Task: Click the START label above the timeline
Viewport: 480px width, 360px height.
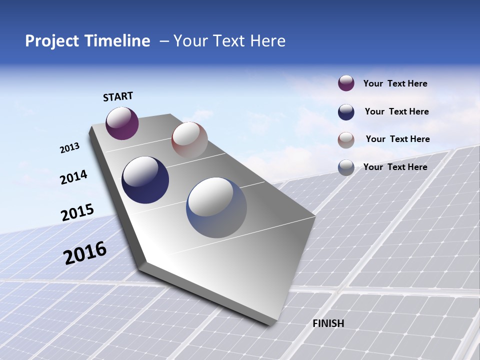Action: pyautogui.click(x=118, y=96)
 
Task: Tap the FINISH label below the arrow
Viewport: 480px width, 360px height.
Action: pyautogui.click(x=328, y=323)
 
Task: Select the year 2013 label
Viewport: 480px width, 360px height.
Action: pyautogui.click(x=69, y=148)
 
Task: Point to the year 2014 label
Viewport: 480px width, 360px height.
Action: pyautogui.click(x=73, y=177)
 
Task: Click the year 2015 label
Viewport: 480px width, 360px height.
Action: pyautogui.click(x=77, y=212)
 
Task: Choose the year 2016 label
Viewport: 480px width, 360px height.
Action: pyautogui.click(x=85, y=252)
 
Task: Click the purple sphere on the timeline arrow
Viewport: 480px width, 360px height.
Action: pyautogui.click(x=122, y=123)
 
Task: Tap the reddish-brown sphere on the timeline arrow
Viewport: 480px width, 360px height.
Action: pyautogui.click(x=189, y=139)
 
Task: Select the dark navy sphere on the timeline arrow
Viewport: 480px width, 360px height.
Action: pyautogui.click(x=145, y=180)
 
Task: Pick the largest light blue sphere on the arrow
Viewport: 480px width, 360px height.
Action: pyautogui.click(x=216, y=207)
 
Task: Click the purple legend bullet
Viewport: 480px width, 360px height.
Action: pyautogui.click(x=346, y=83)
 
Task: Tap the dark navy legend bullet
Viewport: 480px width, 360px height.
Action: pyautogui.click(x=346, y=112)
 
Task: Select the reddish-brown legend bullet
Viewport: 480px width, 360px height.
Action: pyautogui.click(x=346, y=139)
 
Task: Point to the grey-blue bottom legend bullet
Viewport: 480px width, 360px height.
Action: pyautogui.click(x=346, y=167)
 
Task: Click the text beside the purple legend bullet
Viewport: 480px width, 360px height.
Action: pyautogui.click(x=395, y=84)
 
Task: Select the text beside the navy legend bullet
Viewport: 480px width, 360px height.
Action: pyautogui.click(x=396, y=111)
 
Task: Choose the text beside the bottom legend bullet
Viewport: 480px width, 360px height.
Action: pyautogui.click(x=395, y=167)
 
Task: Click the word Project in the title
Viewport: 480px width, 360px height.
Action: pyautogui.click(x=52, y=41)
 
